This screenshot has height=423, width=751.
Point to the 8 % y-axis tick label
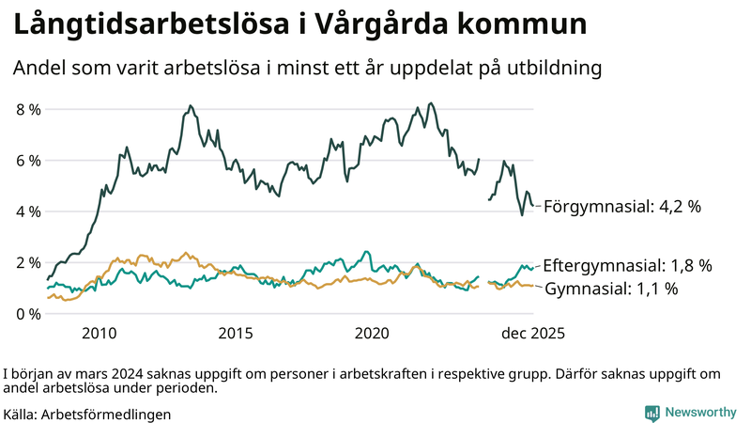28,109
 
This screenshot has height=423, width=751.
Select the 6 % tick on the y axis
28,161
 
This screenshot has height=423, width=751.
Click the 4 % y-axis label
28,211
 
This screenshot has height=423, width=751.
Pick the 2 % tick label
28,262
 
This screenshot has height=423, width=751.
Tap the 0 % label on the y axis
28,313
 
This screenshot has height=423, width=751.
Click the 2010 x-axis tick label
100,334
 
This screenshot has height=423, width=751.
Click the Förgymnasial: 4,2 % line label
622,206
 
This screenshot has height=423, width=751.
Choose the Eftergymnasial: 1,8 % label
627,265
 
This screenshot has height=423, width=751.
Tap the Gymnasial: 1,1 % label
611,289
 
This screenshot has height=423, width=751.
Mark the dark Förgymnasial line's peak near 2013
190,106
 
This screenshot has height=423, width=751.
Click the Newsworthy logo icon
651,413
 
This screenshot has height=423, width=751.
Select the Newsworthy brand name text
699,413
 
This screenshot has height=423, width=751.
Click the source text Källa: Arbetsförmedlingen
87,414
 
